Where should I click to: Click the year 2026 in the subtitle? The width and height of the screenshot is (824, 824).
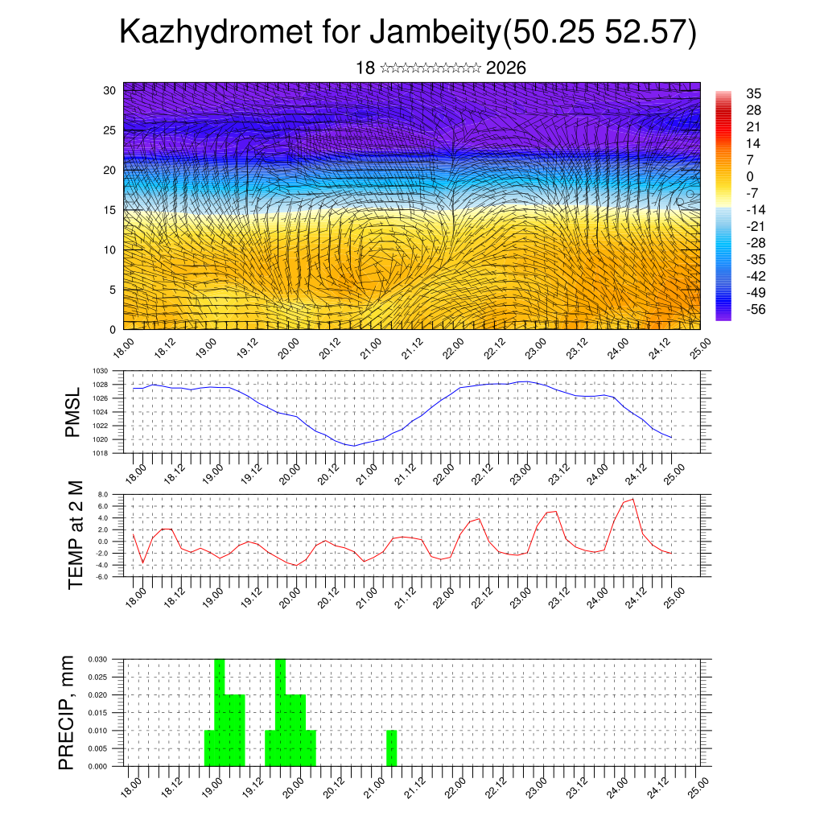pyautogui.click(x=506, y=68)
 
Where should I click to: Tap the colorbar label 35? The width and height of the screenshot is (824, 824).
pyautogui.click(x=754, y=94)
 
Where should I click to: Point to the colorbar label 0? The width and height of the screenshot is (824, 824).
pyautogui.click(x=750, y=176)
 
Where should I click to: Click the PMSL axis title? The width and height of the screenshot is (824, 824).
pyautogui.click(x=73, y=412)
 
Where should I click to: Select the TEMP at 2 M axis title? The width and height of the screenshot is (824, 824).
pyautogui.click(x=76, y=535)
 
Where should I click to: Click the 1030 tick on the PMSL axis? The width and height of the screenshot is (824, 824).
pyautogui.click(x=100, y=371)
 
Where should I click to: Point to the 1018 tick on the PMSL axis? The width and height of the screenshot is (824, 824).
pyautogui.click(x=100, y=453)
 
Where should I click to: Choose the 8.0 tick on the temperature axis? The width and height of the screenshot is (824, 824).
pyautogui.click(x=103, y=495)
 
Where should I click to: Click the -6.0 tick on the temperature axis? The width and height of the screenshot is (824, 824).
pyautogui.click(x=102, y=577)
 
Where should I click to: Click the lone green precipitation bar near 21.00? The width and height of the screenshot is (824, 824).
pyautogui.click(x=391, y=748)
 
